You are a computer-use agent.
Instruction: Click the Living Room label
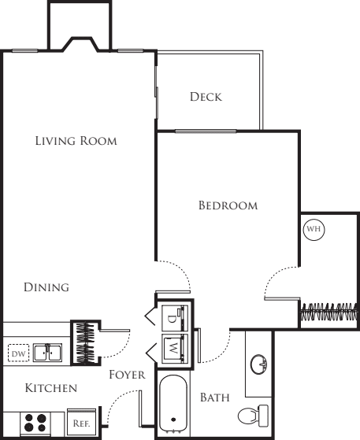click(76, 141)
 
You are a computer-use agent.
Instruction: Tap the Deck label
click(206, 97)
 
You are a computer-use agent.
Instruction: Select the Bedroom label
click(228, 205)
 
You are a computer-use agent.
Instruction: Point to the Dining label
click(46, 287)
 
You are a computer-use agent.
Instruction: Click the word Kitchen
click(51, 388)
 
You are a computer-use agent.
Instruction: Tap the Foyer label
click(127, 375)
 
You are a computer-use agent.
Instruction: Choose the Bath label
click(215, 397)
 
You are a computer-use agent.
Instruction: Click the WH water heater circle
click(314, 230)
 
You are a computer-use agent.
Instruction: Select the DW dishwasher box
click(19, 353)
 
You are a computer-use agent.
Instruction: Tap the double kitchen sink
click(48, 353)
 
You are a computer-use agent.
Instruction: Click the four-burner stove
click(35, 423)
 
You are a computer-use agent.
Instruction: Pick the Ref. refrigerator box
click(81, 423)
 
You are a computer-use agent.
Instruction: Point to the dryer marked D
click(175, 318)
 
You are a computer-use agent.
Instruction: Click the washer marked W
click(175, 348)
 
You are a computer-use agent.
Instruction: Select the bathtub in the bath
click(173, 404)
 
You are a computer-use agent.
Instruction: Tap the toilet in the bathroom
click(254, 416)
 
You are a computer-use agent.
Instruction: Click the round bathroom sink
click(258, 364)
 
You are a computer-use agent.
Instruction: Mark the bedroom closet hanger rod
click(329, 312)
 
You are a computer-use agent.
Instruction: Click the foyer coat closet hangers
click(85, 342)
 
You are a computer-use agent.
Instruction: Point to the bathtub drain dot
click(173, 420)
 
